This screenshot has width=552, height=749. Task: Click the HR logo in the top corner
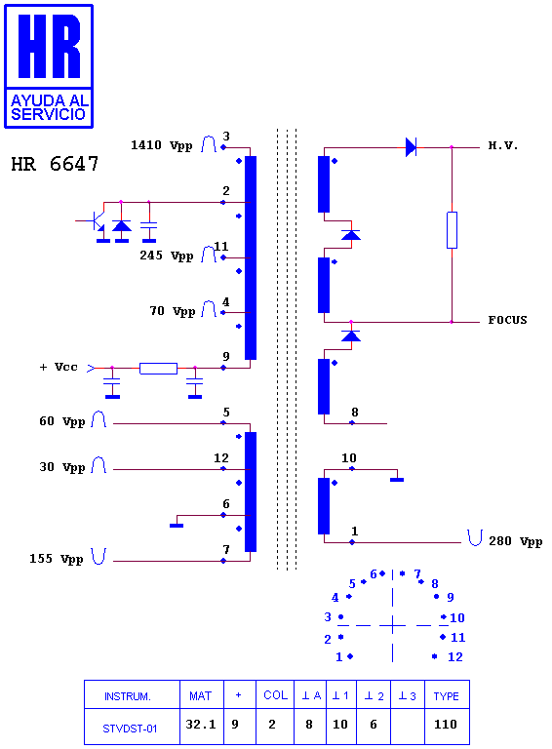(49, 66)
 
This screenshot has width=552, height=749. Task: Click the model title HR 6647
(55, 164)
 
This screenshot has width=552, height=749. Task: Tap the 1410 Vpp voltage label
(161, 145)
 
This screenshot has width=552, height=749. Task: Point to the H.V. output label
(503, 145)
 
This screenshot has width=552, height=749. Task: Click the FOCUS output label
(507, 320)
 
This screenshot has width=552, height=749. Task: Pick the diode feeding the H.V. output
(411, 147)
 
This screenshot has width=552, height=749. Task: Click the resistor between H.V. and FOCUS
(452, 230)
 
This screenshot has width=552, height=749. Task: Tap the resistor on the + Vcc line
(159, 369)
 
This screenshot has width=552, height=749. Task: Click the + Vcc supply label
(59, 367)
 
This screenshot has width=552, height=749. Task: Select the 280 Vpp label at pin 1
(515, 541)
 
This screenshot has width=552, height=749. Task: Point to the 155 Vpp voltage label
(57, 559)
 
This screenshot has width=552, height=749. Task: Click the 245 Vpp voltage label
(166, 256)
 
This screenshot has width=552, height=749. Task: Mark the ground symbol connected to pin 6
(177, 526)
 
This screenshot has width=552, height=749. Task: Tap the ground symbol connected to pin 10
(397, 480)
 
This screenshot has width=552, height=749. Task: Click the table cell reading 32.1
(201, 725)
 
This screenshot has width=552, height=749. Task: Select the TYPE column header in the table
(446, 696)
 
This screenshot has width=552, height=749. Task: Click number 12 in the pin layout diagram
(455, 656)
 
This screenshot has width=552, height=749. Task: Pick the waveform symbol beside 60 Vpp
(99, 419)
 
